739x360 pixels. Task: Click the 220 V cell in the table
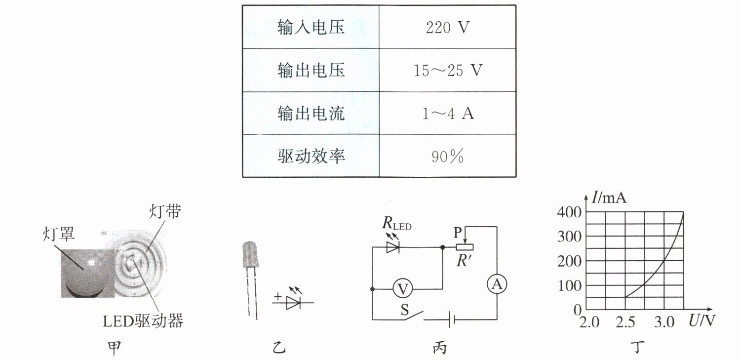point(447,28)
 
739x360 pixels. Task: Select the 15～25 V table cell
point(447,71)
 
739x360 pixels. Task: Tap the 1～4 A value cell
point(447,114)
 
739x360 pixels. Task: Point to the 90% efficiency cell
point(447,157)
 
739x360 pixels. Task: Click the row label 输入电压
point(311,28)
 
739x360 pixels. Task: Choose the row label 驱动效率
point(311,157)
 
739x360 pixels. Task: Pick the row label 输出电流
point(311,114)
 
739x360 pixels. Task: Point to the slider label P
point(457,232)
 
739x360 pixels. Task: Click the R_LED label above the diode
point(396,224)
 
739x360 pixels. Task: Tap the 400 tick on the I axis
point(568,212)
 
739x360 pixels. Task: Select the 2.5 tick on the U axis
point(626,323)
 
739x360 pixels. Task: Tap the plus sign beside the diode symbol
point(277,297)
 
